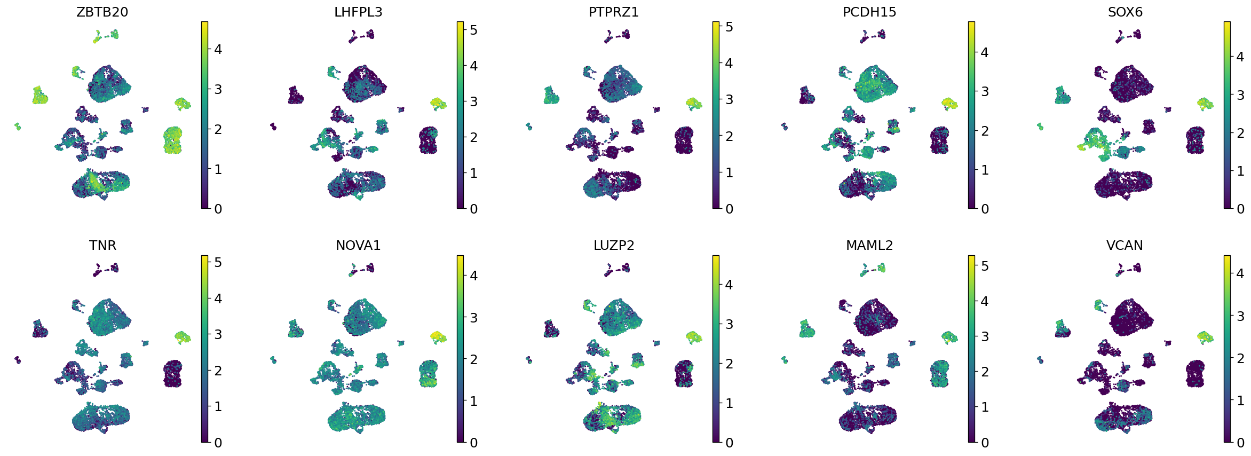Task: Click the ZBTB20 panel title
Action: point(102,12)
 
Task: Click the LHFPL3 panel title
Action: point(358,12)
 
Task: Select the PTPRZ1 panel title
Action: point(614,12)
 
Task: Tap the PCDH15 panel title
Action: point(869,12)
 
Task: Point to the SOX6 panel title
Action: point(1125,12)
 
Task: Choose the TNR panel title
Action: point(102,245)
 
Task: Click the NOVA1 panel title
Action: point(358,245)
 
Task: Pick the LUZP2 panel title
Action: point(614,245)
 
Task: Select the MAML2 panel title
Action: point(869,245)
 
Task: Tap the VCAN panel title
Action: point(1125,245)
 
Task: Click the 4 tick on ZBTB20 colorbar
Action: point(218,50)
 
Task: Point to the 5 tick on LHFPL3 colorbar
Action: point(473,30)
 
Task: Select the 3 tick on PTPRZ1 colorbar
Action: point(729,99)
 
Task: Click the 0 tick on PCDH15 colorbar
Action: point(985,209)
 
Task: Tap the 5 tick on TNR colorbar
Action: point(218,262)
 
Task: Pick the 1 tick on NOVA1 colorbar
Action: point(473,401)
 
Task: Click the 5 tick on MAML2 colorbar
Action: point(985,265)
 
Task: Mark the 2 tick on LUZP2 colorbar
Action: point(729,364)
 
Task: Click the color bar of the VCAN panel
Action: point(1227,349)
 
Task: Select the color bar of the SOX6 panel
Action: point(1227,115)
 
